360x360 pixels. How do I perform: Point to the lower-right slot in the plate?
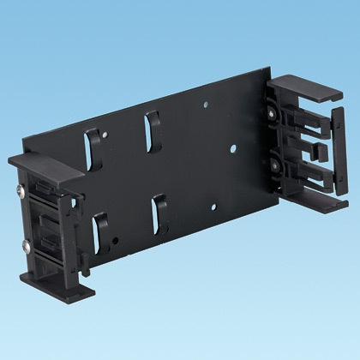[159, 212]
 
